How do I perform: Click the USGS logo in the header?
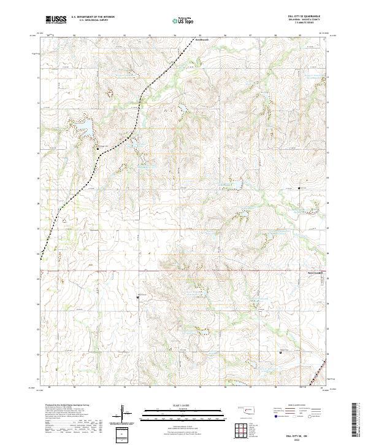point(56,20)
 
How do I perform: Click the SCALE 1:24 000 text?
point(183,405)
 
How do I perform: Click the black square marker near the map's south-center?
point(137,298)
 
